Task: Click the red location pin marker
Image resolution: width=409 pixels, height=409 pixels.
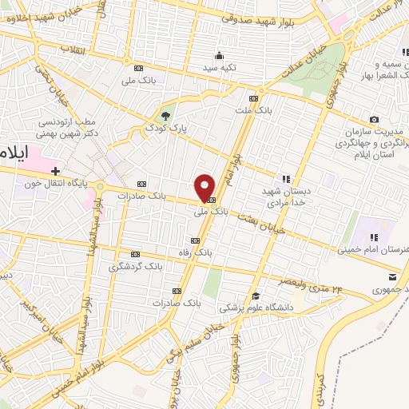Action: [x=205, y=187]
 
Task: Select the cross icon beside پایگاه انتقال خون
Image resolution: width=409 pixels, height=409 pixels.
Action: [x=55, y=170]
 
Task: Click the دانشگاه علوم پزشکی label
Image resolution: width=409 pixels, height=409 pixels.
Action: [x=257, y=307]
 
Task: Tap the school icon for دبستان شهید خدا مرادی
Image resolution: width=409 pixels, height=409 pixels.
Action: [x=284, y=178]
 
